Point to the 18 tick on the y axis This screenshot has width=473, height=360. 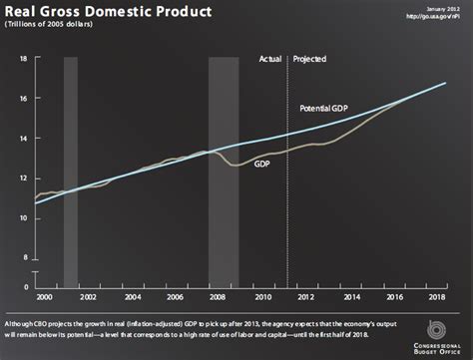pyautogui.click(x=22, y=60)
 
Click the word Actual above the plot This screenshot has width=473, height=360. pyautogui.click(x=270, y=59)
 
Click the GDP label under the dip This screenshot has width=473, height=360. pyautogui.click(x=262, y=163)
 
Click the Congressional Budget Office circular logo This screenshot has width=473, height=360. pyautogui.click(x=435, y=329)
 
